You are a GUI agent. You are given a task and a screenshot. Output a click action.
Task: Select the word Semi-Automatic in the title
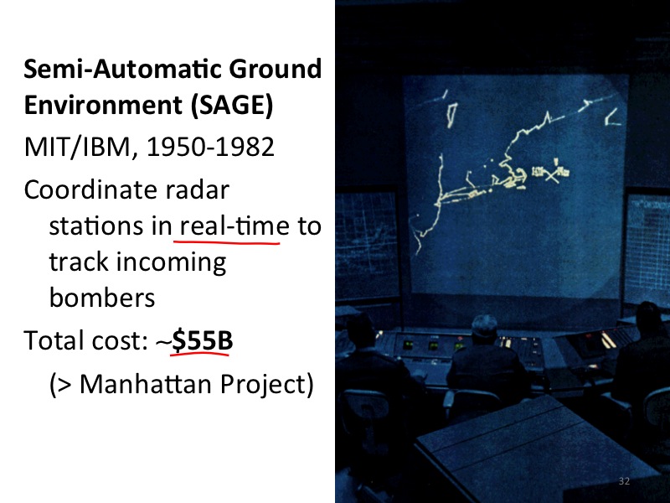[122, 69]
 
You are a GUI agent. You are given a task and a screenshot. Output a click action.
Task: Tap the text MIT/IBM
[77, 148]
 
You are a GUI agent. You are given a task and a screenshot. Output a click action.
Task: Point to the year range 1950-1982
[210, 148]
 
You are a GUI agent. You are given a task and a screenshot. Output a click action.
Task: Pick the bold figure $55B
[202, 340]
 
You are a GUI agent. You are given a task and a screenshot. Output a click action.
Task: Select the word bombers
[102, 297]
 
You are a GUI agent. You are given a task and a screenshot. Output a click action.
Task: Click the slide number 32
[624, 481]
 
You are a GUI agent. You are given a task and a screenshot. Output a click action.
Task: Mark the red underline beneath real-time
[226, 243]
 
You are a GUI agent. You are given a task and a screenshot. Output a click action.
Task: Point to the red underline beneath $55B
[200, 354]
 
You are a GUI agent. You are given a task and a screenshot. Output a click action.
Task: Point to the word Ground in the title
[276, 69]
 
